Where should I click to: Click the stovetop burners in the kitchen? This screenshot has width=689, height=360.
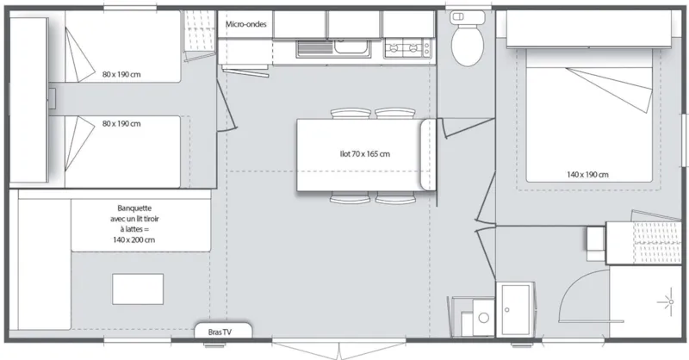[x=407, y=48]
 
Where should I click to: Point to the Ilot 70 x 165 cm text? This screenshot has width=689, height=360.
[x=364, y=155]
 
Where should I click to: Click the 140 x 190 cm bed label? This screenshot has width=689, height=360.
[x=587, y=175]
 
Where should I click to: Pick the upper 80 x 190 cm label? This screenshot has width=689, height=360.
[x=121, y=74]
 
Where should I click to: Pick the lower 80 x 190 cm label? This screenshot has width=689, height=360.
[x=121, y=124]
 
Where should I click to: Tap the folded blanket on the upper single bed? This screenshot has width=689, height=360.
[x=81, y=60]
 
